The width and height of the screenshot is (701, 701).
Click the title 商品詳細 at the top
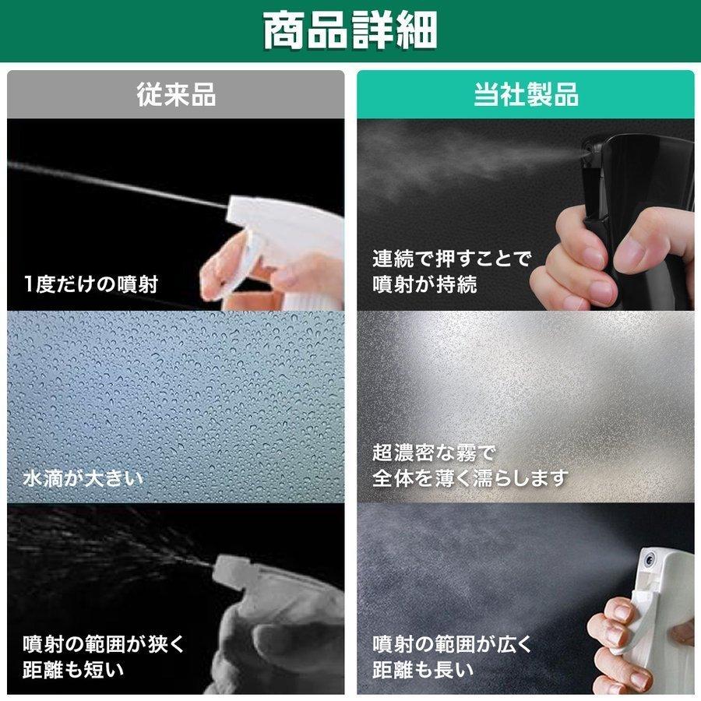[350, 31]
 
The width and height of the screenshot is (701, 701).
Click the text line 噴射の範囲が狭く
[103, 644]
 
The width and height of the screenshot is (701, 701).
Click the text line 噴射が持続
[424, 283]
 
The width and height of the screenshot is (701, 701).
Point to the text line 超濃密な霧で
[434, 453]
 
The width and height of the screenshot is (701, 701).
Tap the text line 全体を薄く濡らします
[470, 477]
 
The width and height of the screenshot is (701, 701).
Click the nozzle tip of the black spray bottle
[586, 155]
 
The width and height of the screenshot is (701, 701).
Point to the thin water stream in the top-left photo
[117, 183]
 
